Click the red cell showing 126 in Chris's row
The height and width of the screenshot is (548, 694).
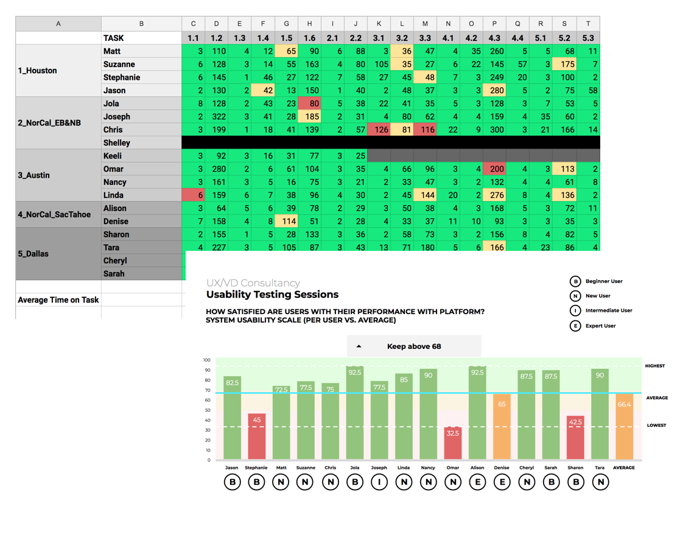point(379,130)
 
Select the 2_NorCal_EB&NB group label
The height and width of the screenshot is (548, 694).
point(49,123)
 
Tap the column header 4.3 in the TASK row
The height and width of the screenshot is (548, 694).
point(494,38)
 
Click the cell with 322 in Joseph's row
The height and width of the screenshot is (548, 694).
point(216,117)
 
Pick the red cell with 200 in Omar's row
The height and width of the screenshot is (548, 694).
point(494,169)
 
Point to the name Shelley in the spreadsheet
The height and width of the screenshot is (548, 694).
point(117,143)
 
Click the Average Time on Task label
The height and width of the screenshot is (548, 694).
point(58,300)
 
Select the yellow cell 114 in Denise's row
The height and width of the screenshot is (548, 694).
point(286,222)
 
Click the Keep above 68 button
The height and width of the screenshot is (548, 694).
point(414,346)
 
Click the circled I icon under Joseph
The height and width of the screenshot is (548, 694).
point(379,482)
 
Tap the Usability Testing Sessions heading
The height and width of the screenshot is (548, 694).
point(272,295)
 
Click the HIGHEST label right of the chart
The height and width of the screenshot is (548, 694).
point(655,366)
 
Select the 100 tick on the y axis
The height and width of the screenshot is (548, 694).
point(207,360)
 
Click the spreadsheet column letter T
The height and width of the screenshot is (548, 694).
point(587,24)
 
